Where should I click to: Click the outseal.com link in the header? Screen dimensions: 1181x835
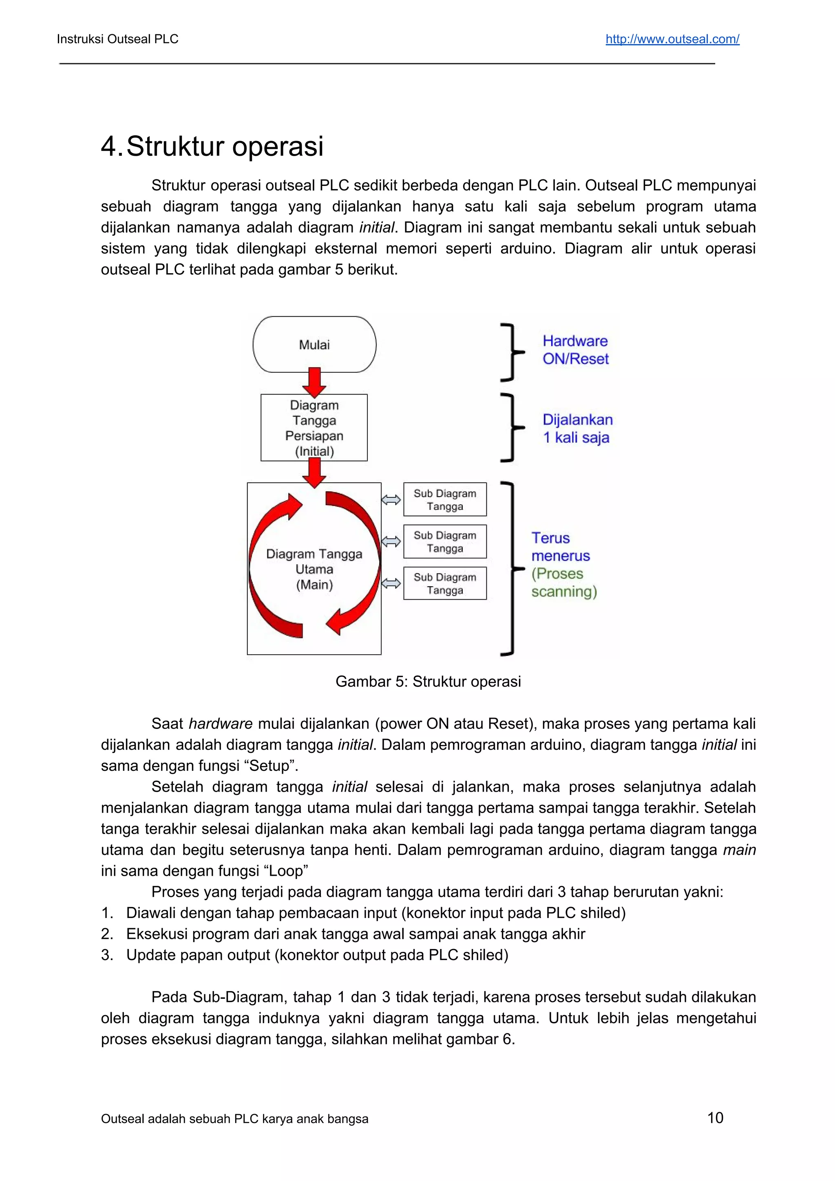672,39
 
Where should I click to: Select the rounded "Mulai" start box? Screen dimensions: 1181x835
314,344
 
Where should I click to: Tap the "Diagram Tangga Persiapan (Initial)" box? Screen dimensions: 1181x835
314,428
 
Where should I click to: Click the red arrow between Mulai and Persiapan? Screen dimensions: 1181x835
314,382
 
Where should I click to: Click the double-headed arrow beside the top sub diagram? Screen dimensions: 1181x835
391,499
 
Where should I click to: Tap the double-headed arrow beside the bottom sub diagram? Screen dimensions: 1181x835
391,583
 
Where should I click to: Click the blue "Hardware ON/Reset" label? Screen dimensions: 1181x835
575,350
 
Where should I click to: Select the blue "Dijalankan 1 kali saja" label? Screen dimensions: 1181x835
577,428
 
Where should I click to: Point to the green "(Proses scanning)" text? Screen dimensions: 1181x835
564,582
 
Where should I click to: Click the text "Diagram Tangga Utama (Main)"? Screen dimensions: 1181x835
314,569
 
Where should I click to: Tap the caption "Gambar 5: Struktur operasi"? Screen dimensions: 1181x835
428,682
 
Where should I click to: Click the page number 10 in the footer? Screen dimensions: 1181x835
715,1118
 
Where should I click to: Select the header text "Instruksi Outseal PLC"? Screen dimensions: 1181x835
117,39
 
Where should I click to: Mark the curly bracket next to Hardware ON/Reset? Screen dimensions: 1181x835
510,352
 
